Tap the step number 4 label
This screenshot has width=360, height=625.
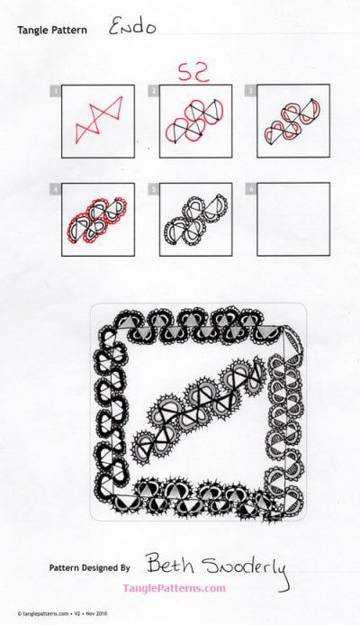coord(57,189)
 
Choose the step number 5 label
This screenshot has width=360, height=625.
coord(155,189)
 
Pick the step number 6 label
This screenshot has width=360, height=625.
coord(253,189)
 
